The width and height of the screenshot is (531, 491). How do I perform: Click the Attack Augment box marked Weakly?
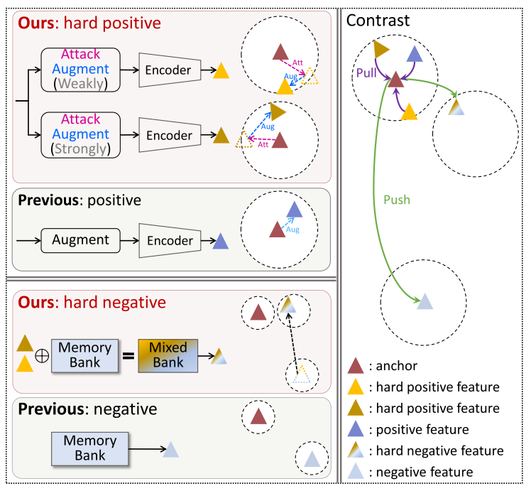(x=80, y=70)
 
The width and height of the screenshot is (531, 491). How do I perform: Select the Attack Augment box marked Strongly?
(x=80, y=134)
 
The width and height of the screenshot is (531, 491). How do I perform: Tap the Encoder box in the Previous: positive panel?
(x=170, y=240)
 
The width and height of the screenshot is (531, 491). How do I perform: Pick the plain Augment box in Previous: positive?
(x=80, y=240)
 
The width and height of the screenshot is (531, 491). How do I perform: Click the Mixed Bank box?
(x=168, y=355)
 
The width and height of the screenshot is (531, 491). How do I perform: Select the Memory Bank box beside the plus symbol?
(x=84, y=355)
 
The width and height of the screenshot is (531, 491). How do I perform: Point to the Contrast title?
(x=378, y=21)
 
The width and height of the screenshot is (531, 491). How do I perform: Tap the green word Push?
(x=397, y=200)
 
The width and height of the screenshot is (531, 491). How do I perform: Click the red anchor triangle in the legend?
(x=356, y=367)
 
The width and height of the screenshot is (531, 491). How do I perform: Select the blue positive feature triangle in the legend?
(x=356, y=429)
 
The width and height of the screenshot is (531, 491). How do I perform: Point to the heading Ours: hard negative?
(x=92, y=303)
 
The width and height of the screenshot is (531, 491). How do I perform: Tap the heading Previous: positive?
(x=80, y=200)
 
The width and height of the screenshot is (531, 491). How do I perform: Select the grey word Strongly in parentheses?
(x=80, y=149)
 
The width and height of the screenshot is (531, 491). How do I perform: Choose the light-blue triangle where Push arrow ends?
(x=424, y=301)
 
